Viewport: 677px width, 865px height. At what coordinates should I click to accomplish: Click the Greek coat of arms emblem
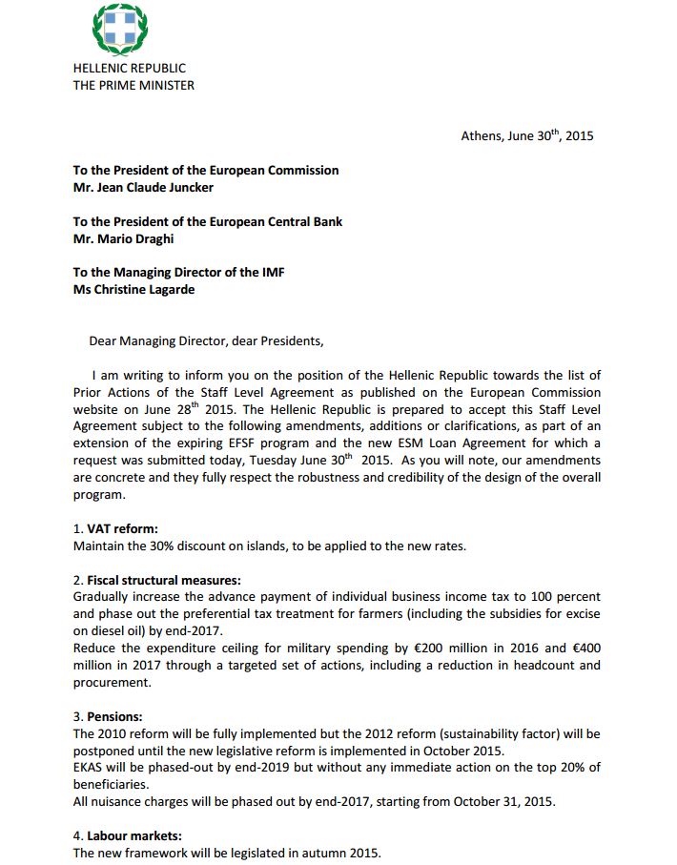118,29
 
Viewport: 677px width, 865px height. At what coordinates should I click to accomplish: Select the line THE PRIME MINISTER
133,85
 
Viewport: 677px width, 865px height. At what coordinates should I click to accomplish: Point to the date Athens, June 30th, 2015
526,135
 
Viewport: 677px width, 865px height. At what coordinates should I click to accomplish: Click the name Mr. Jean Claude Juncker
143,187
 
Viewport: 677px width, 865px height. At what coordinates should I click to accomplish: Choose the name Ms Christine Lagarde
133,289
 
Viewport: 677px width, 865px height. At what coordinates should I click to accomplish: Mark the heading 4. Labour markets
127,836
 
